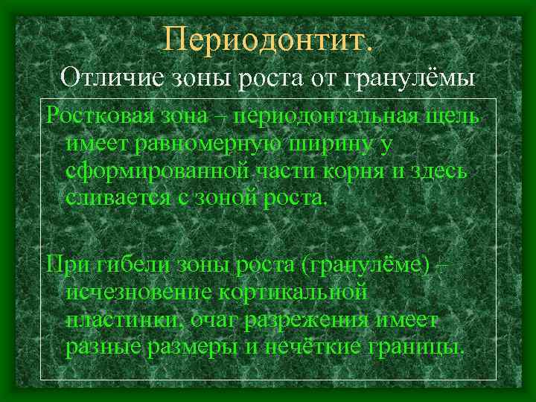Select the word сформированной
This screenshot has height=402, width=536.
159,172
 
